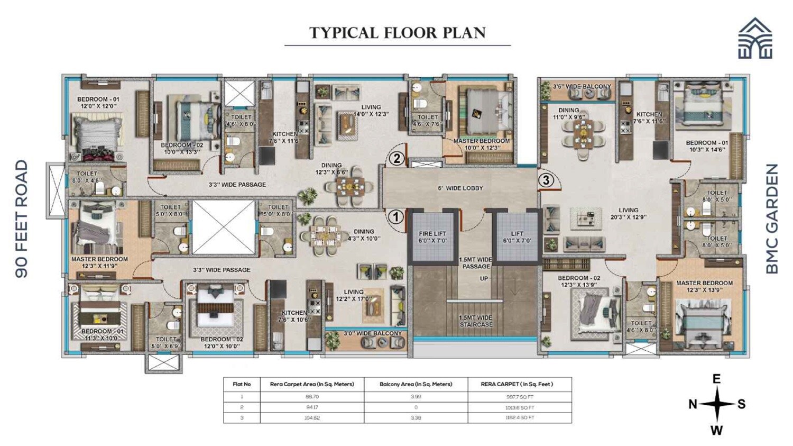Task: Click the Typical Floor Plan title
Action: pos(397,33)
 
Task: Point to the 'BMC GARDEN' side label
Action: pos(772,219)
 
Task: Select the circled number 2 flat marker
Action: pos(396,158)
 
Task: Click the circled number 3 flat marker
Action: pos(546,180)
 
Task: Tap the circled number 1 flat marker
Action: pos(395,216)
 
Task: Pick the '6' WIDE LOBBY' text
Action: pos(460,188)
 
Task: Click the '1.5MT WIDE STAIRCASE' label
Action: pos(475,321)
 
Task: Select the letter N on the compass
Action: pos(693,404)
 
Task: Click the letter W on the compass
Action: pos(716,430)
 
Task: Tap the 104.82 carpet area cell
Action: pos(311,418)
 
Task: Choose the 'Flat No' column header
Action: pos(242,384)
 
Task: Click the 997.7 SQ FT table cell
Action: pos(519,397)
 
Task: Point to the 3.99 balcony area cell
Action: pos(416,397)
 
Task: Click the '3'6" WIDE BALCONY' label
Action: pos(582,86)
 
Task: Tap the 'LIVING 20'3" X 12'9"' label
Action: pos(628,214)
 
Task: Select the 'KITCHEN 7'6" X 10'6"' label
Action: pos(294,316)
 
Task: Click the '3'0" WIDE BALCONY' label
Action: pos(373,333)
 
